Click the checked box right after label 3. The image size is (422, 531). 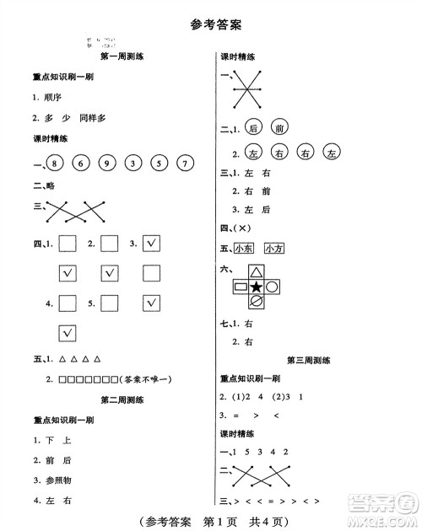(152, 244)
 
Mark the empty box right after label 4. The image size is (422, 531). (68, 303)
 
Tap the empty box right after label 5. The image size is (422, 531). (110, 303)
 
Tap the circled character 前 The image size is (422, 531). (279, 128)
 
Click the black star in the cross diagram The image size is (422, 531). (256, 288)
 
